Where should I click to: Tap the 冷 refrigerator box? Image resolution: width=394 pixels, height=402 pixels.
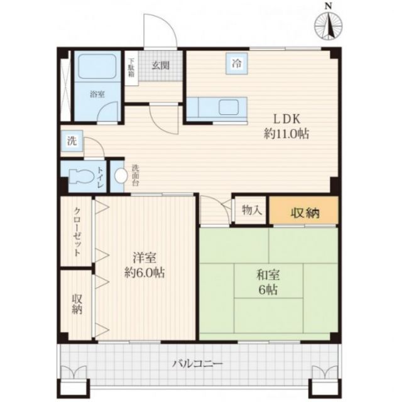237,63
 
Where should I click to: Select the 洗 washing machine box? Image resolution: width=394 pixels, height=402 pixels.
72,141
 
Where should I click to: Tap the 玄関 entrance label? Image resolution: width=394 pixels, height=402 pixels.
160,63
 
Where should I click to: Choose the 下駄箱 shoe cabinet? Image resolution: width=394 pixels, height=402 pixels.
132,67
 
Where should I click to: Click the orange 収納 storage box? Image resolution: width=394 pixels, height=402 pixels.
304,212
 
